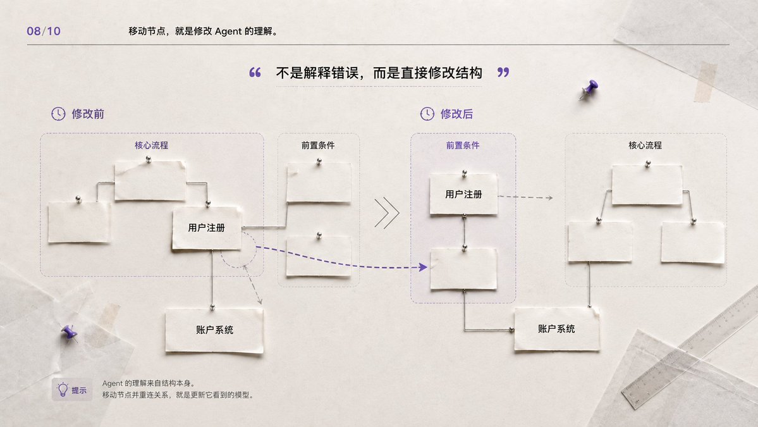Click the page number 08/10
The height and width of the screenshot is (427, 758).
coord(44,32)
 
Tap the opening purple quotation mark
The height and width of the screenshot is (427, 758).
coord(255,73)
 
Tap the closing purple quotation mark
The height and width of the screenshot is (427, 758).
coord(503,73)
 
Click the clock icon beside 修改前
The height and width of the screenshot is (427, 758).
coord(59,114)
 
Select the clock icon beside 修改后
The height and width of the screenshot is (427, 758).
coord(427,114)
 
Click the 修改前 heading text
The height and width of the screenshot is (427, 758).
coord(88,114)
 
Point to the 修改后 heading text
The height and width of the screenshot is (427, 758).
coord(456,114)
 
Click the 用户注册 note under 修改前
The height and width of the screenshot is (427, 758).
coord(207,228)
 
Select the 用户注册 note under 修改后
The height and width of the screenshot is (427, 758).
coord(463,194)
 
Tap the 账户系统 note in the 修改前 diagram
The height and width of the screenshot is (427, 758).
coord(215,330)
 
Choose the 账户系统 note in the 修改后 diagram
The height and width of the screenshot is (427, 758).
coord(557,329)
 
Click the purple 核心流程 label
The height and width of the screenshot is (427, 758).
coord(151,145)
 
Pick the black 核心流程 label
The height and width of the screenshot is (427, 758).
coord(645,145)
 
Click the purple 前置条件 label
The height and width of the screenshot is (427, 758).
coord(463,145)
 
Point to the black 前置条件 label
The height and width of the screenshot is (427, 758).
coord(318,145)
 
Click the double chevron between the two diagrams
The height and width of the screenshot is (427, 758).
coord(387,213)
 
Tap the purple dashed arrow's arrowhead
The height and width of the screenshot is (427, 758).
coord(424,267)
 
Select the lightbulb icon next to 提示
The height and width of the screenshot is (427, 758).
coord(63,389)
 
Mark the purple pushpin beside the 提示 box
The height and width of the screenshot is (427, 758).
coord(69,333)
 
